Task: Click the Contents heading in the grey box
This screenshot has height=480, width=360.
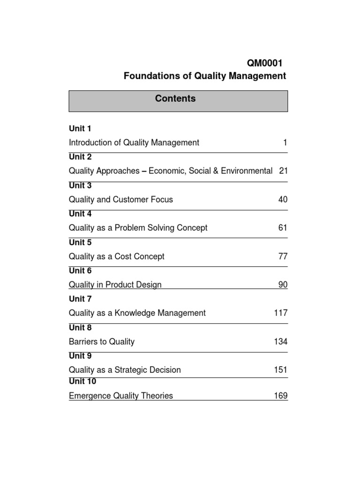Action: pyautogui.click(x=178, y=99)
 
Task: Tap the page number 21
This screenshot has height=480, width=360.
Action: pyautogui.click(x=283, y=171)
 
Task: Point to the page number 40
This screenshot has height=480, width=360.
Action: pyautogui.click(x=283, y=200)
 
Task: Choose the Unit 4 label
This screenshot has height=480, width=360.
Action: pyautogui.click(x=80, y=214)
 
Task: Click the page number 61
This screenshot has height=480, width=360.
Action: pyautogui.click(x=283, y=228)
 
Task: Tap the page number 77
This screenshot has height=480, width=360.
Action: pyautogui.click(x=283, y=257)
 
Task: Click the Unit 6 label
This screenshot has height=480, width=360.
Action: pyautogui.click(x=80, y=271)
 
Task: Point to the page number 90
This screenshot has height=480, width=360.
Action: pyautogui.click(x=283, y=285)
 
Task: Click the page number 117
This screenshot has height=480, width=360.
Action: pyautogui.click(x=281, y=313)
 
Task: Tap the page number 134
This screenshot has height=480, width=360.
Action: pyautogui.click(x=281, y=342)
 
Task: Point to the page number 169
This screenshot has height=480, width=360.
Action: pyautogui.click(x=281, y=396)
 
